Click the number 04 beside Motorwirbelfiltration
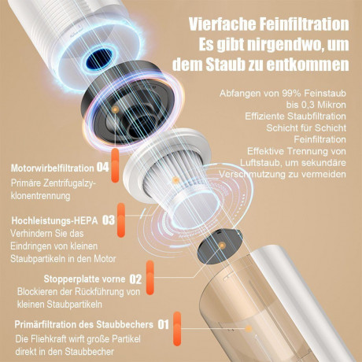coord(102,167)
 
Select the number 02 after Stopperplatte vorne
coord(135,279)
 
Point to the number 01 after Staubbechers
coord(164,323)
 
